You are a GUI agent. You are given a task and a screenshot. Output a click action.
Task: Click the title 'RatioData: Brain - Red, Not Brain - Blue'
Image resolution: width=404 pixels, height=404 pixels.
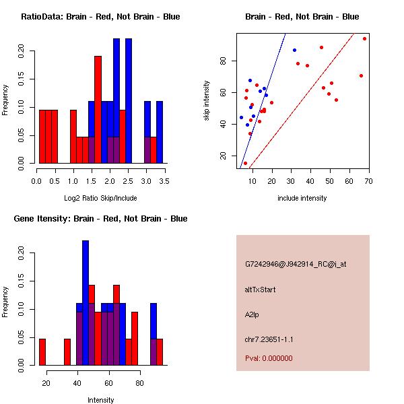[x=100, y=16]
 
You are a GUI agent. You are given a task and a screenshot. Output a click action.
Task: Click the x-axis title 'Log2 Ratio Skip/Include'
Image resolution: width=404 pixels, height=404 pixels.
[x=100, y=198]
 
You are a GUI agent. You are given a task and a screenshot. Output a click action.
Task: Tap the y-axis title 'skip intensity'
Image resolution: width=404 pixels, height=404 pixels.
[x=207, y=101]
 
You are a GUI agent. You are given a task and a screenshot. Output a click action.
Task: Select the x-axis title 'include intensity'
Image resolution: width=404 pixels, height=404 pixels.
[x=302, y=198]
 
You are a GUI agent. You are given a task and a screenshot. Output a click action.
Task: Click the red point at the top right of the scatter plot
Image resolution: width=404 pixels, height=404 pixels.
[x=364, y=38]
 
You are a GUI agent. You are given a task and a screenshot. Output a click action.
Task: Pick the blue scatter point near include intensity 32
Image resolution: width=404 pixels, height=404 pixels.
[x=294, y=50]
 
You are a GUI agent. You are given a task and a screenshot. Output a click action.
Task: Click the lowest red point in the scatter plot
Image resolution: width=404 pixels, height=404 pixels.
[x=245, y=163]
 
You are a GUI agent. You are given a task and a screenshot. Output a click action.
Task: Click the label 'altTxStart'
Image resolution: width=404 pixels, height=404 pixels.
[x=261, y=290]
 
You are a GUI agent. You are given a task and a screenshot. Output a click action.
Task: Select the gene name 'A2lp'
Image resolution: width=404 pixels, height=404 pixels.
[x=252, y=314]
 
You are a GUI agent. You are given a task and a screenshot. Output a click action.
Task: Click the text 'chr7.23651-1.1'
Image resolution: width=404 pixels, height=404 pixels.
[x=269, y=339]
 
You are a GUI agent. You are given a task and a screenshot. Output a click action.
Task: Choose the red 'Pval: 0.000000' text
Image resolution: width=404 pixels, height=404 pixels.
[x=269, y=358]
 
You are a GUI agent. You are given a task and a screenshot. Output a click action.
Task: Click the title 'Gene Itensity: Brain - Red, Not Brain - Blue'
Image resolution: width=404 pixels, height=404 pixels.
[x=100, y=218]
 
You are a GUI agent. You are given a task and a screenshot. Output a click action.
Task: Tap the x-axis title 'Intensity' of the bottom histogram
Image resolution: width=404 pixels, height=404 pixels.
[x=100, y=400]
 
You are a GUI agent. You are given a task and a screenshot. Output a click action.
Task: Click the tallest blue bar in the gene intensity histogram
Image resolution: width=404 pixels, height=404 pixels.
[x=86, y=303]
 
